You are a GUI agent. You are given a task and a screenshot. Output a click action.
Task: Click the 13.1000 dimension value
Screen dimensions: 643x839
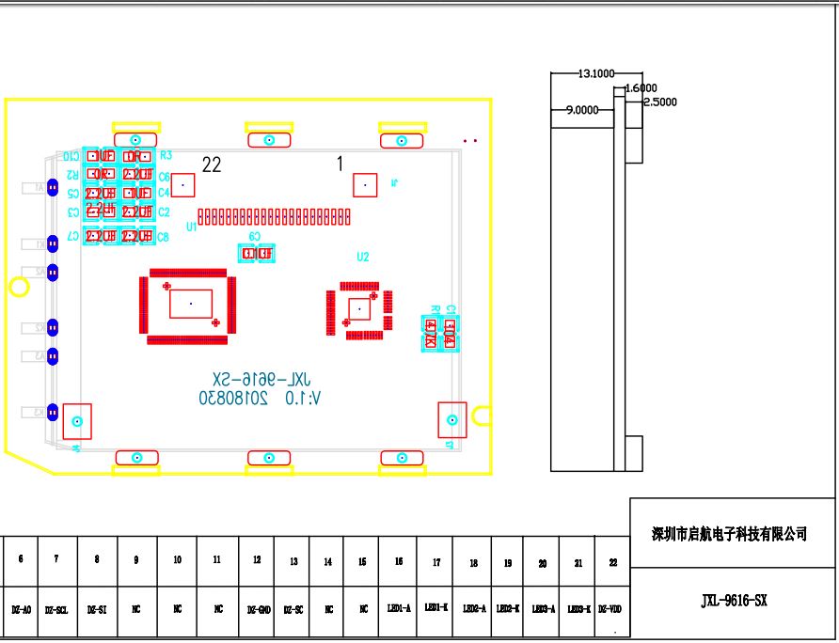596,72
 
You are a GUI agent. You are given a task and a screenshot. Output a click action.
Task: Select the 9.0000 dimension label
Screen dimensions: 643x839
581,110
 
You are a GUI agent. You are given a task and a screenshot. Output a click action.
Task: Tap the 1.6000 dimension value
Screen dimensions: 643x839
641,87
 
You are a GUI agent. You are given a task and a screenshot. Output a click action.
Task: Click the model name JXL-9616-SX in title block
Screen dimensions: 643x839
734,601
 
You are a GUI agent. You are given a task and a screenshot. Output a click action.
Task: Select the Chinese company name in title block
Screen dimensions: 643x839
730,534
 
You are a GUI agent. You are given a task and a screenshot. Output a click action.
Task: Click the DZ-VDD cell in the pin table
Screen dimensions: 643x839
609,609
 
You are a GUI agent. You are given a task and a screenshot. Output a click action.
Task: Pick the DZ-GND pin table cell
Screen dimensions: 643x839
257,609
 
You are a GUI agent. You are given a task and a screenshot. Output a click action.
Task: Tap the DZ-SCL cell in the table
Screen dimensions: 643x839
55,609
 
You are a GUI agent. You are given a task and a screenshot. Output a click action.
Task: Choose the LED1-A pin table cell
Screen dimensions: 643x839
399,608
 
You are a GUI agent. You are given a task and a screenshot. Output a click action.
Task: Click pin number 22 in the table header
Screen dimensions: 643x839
613,562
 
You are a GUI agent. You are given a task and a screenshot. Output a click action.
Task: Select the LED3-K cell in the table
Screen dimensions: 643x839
578,609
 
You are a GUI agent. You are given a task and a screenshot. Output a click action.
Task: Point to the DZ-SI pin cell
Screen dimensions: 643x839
96,609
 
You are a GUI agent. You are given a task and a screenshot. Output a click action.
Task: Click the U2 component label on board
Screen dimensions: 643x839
363,257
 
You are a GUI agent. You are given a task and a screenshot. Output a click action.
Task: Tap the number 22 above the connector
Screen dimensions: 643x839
212,165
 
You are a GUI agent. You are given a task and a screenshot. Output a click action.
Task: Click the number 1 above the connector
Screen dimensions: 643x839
340,164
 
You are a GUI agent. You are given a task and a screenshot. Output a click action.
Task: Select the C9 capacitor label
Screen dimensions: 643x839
255,237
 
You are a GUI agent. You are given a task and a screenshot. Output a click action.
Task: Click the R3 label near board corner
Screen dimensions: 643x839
166,155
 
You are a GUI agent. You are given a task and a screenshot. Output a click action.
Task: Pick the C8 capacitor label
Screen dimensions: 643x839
164,237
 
